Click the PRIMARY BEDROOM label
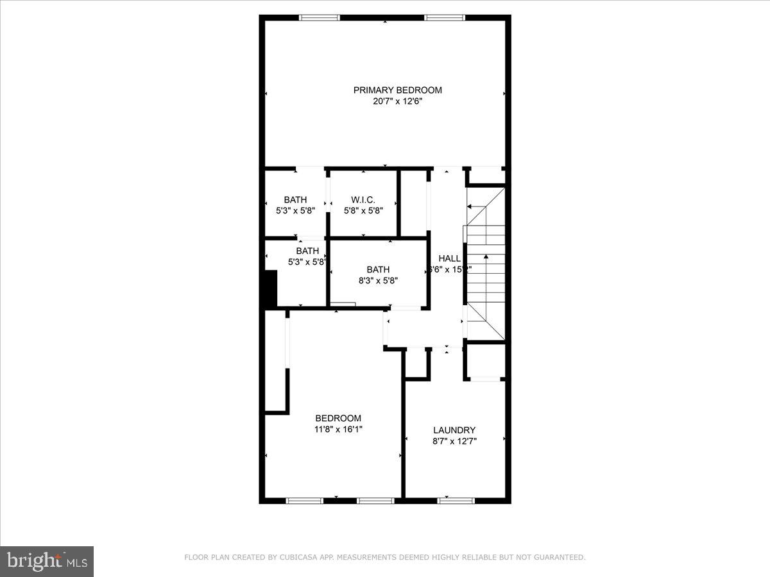tap(397, 90)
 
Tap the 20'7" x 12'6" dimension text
tap(397, 101)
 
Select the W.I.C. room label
tap(363, 199)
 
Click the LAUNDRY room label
tap(454, 430)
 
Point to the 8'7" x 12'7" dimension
tap(454, 441)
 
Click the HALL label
tap(449, 258)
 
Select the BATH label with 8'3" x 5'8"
tap(378, 270)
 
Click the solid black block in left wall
tap(269, 289)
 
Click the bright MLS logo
tap(47, 561)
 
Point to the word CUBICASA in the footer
tap(300, 558)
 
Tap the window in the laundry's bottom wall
tap(456, 500)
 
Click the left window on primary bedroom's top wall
tap(320, 18)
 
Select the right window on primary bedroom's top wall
tap(445, 18)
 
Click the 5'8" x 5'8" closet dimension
tap(363, 210)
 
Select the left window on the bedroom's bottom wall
tap(304, 500)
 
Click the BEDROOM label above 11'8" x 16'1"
tap(338, 418)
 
